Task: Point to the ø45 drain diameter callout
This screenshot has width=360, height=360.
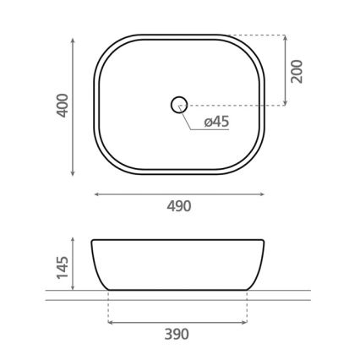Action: click(x=216, y=122)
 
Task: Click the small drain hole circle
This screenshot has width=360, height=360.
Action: click(x=178, y=106)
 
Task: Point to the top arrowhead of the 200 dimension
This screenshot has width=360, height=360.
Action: click(x=284, y=38)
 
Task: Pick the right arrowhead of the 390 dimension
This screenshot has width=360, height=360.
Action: click(x=245, y=321)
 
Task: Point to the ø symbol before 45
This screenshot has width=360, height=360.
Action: click(x=208, y=123)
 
